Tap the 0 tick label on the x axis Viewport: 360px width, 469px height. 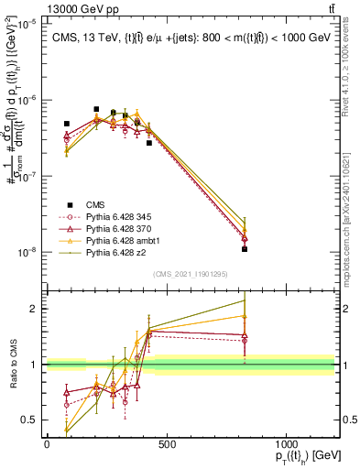pos(47,444)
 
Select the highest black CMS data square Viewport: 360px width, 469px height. pos(96,109)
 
